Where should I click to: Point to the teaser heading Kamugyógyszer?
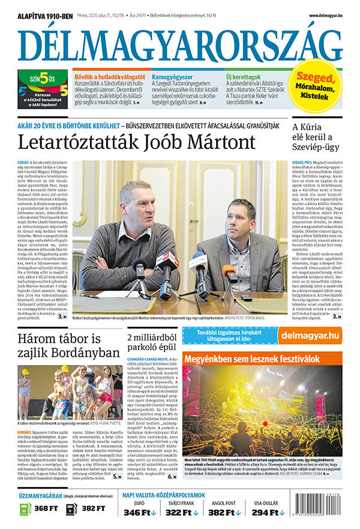click(172, 77)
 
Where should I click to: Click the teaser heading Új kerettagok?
click(243, 77)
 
